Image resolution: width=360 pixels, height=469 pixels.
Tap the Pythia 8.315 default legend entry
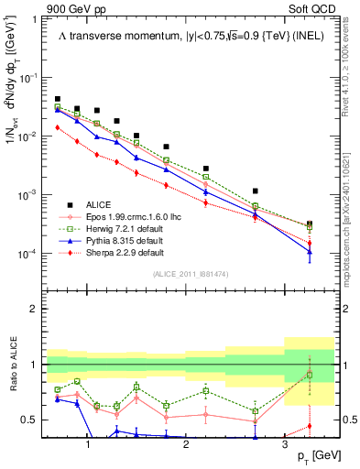[125, 240]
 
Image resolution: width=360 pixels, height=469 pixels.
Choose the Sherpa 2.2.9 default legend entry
[125, 252]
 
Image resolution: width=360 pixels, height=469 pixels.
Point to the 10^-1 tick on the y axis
[33, 78]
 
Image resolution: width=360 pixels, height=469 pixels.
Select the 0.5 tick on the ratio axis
[35, 420]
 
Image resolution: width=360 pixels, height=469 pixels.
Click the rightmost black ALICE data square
[310, 224]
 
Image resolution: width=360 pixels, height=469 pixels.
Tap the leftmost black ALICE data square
[58, 99]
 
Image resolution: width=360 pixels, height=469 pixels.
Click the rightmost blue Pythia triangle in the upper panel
[310, 252]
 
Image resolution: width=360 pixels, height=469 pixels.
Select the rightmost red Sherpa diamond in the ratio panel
[310, 425]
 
